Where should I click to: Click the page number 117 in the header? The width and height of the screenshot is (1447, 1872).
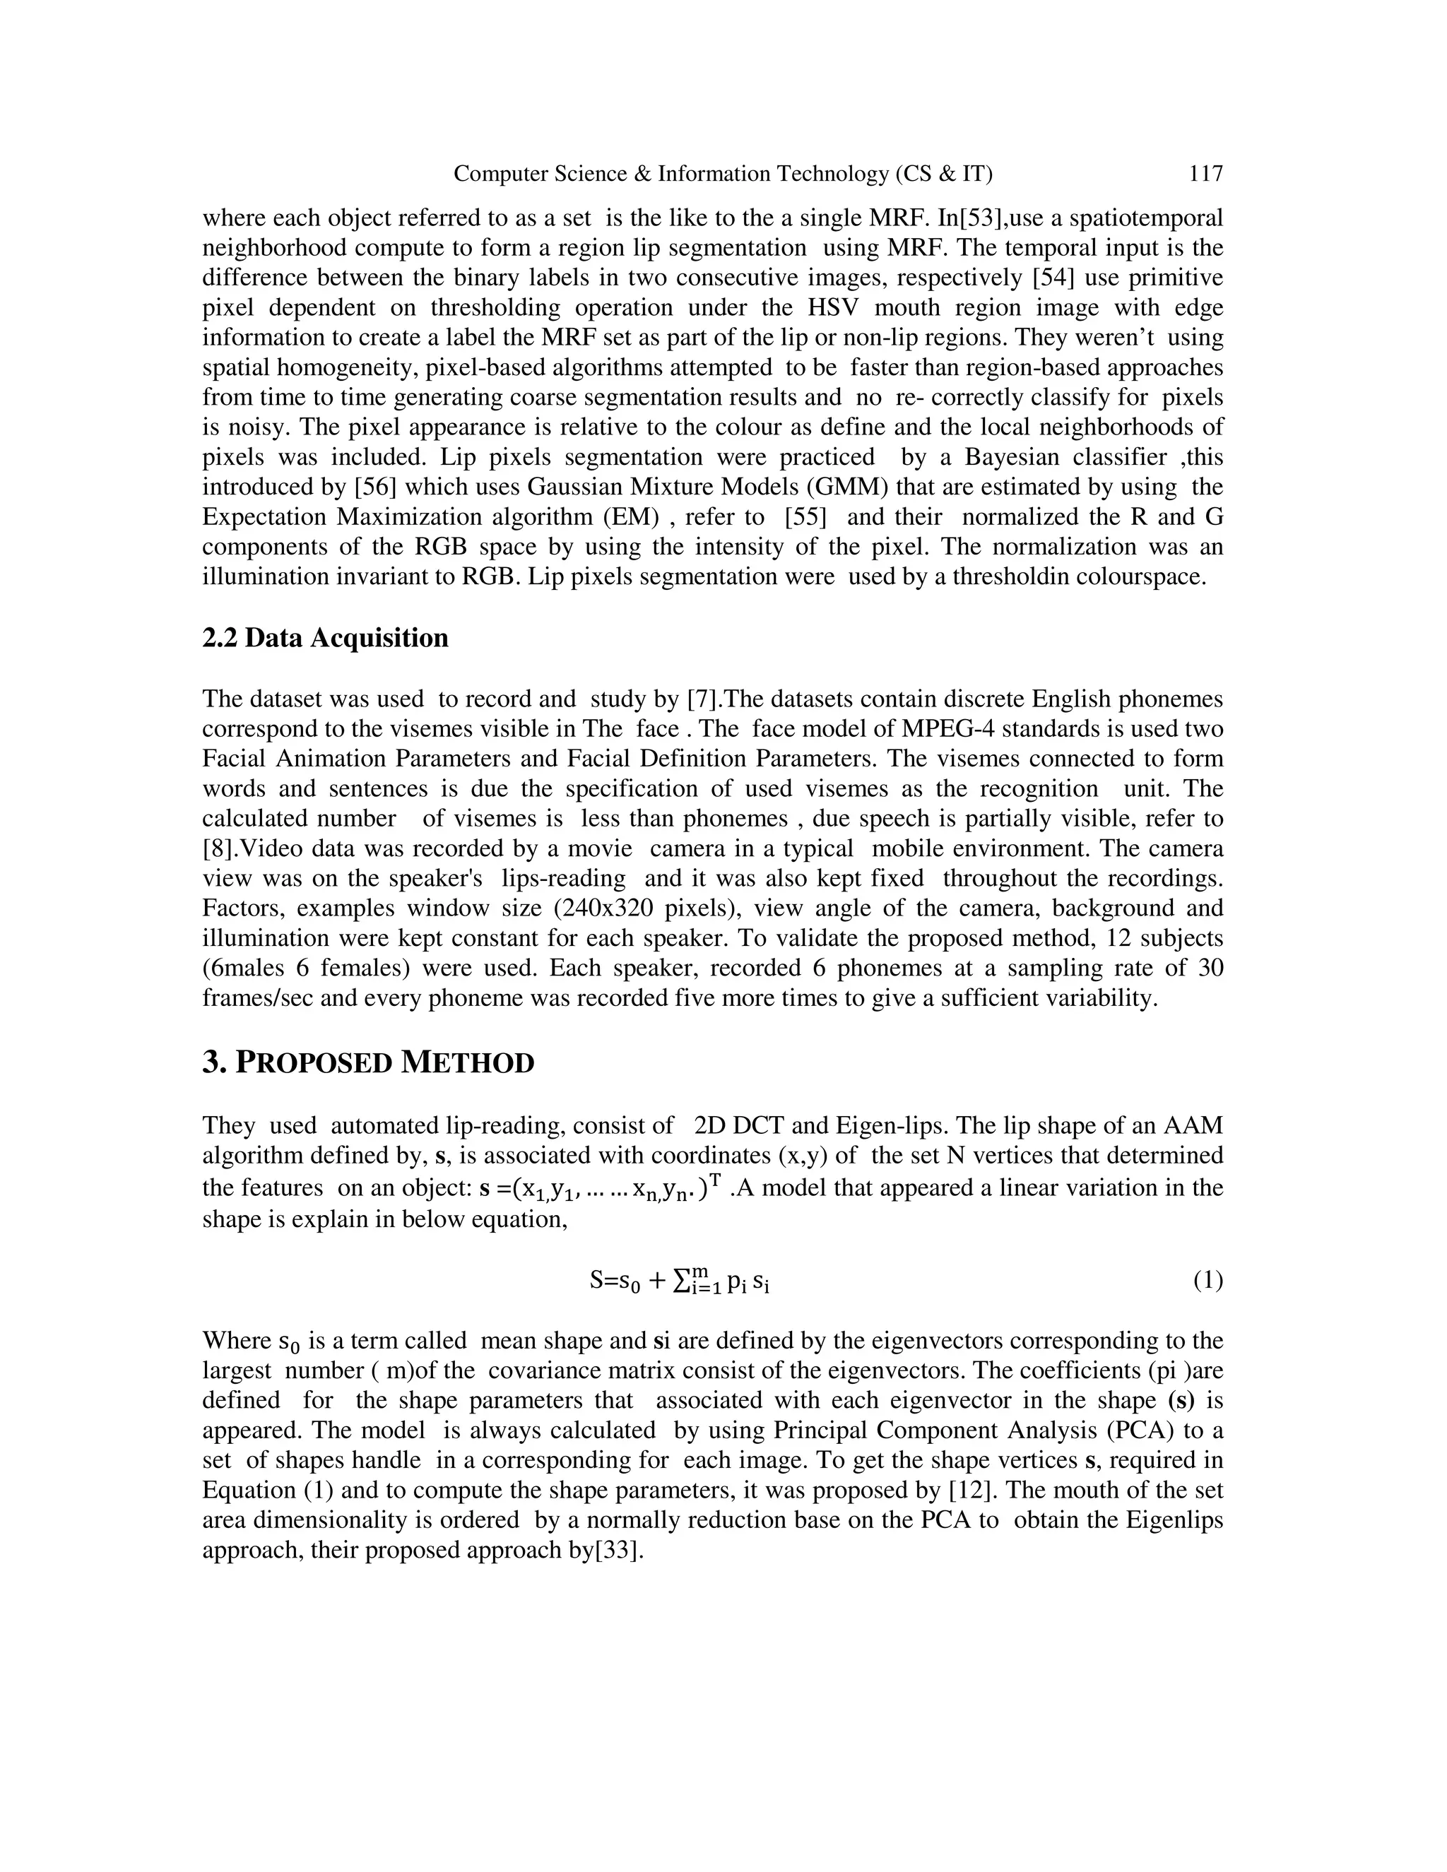pos(1205,174)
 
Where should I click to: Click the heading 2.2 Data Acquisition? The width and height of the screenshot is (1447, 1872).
pos(325,639)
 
